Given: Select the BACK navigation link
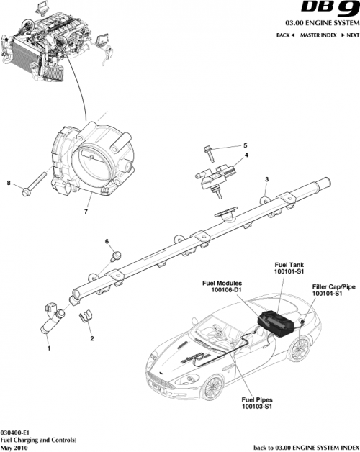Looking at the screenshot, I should (x=287, y=35).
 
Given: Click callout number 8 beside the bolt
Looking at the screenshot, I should (x=9, y=184).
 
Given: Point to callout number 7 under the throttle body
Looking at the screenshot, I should (x=85, y=212).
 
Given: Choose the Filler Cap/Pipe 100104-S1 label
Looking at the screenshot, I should (x=333, y=290).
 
